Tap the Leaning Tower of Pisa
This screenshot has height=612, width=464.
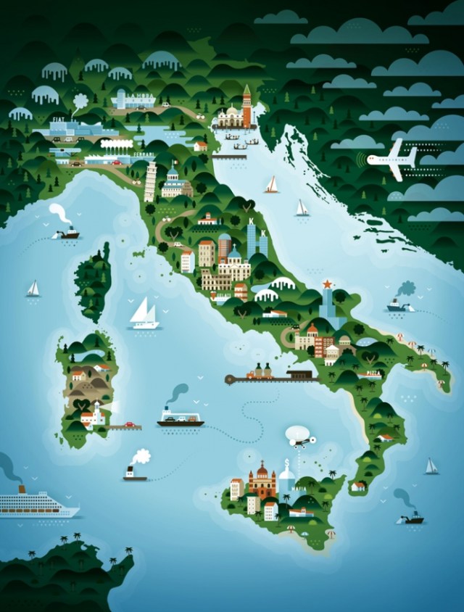pos(150,182)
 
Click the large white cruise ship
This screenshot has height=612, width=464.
pos(38,502)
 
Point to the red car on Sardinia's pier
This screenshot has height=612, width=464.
pos(130,425)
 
